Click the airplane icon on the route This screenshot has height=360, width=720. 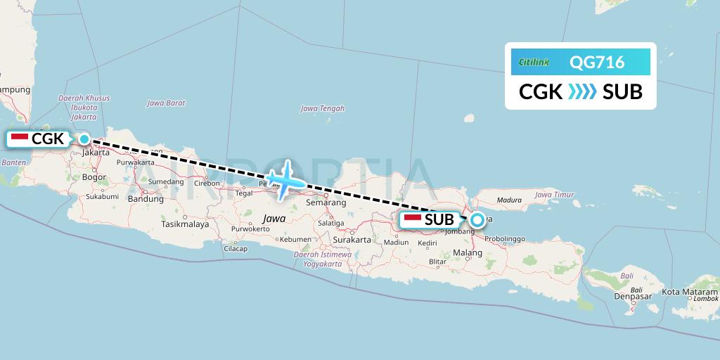pos(286,181)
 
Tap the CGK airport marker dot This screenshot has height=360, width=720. pos(84,139)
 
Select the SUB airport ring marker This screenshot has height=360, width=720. pos(477,220)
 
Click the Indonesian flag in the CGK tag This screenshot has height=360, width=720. pos(20,139)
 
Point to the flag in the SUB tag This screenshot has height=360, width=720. pos(413,219)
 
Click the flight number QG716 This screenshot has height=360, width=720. pos(597,63)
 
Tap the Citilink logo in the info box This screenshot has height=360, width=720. pos(534,63)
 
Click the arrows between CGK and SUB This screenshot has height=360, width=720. pos(582,92)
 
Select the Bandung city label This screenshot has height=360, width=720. pos(146,199)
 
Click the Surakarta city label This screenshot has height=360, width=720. pos(352,240)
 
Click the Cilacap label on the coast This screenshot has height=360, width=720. pos(236,249)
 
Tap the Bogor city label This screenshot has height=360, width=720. pos(94,178)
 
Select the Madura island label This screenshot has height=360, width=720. pos(509,200)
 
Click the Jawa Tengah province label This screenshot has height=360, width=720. pos(323,108)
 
